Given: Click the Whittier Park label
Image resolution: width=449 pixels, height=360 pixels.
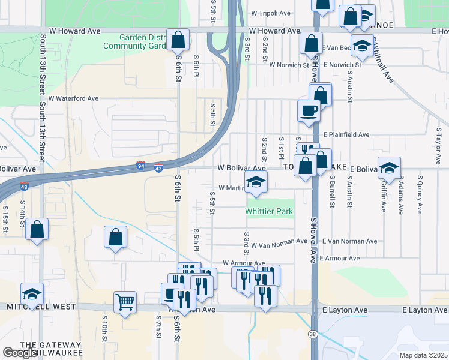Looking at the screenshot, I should (x=269, y=212).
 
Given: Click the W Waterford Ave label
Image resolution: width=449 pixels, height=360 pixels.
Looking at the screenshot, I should (x=73, y=98).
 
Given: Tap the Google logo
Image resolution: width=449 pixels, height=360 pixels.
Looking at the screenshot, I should (x=19, y=353).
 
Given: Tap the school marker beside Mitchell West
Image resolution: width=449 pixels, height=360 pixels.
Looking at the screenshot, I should (x=32, y=293).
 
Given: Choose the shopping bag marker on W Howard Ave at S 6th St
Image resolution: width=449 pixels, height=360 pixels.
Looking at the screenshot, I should (x=178, y=40).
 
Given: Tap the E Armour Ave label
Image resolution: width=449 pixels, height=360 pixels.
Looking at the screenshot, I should (x=339, y=258).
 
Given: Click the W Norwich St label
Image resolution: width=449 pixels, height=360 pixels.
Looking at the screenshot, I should (x=289, y=64).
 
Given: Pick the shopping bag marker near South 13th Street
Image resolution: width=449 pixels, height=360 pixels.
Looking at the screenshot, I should (x=37, y=229).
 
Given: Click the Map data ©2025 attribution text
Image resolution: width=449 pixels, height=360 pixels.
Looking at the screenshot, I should (x=423, y=355).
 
